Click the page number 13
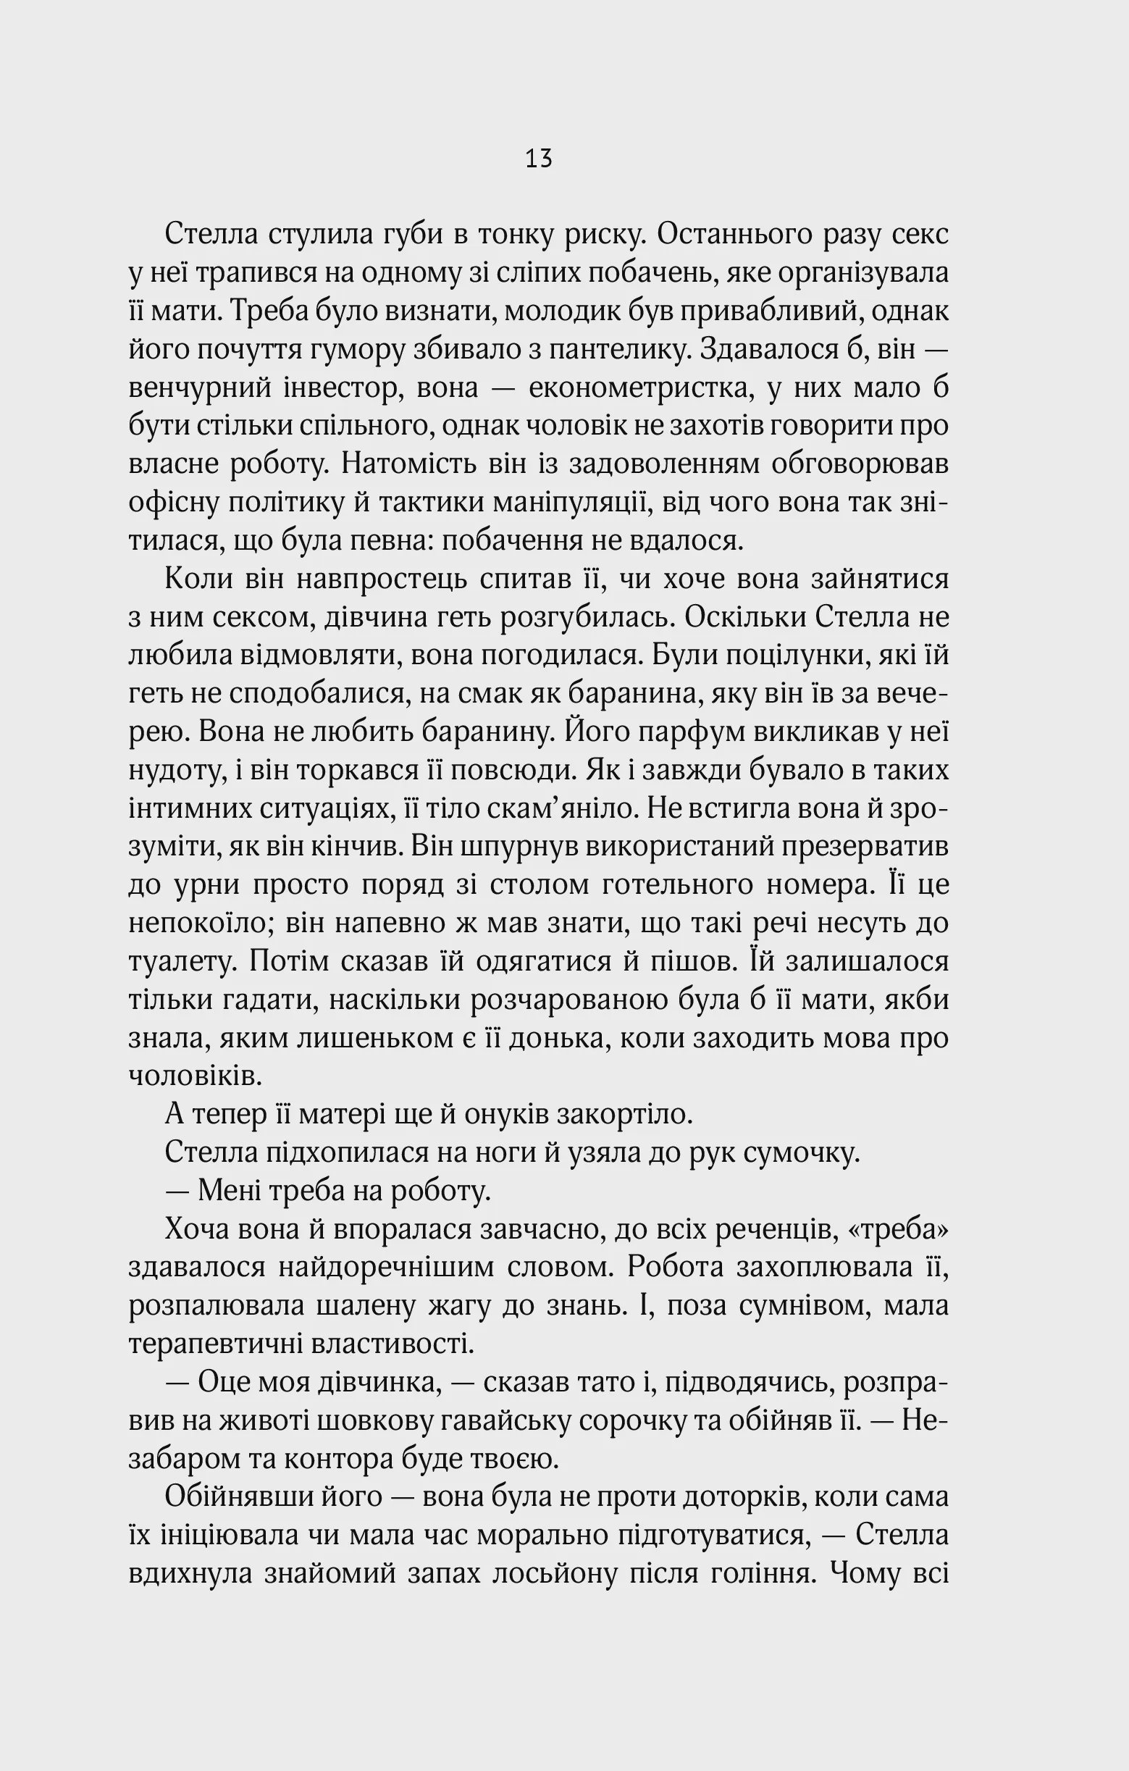pyautogui.click(x=538, y=159)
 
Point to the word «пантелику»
pyautogui.click(x=611, y=349)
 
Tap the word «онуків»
pyautogui.click(x=507, y=1114)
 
